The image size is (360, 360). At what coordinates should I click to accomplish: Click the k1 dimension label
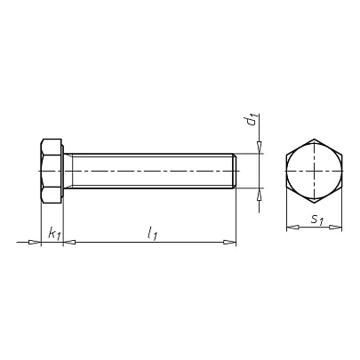pos(54,233)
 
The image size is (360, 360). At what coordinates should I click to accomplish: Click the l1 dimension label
pos(152,233)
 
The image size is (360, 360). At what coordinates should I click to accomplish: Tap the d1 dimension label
pos(252,119)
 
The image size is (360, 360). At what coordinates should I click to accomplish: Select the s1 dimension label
pos(316,220)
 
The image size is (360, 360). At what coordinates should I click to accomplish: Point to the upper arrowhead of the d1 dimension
pos(260,147)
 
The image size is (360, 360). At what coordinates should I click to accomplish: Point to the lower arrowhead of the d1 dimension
pos(260,195)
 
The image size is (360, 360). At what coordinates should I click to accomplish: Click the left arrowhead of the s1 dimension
pos(292,228)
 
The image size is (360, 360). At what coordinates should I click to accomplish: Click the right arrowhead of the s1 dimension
pos(336,228)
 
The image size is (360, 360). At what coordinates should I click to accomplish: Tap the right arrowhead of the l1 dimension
pos(230,243)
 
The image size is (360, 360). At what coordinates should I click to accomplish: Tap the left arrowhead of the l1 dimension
pos(69,243)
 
